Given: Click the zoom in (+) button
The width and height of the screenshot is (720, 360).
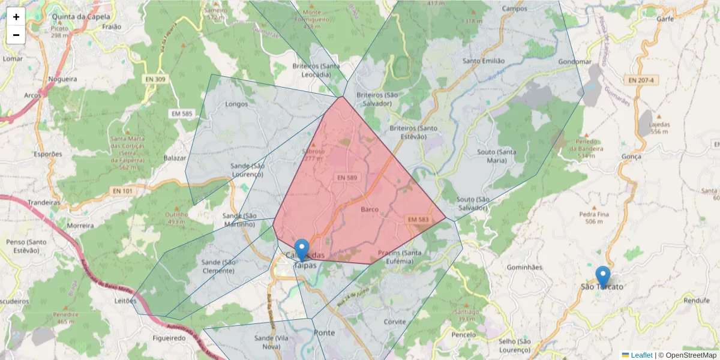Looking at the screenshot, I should pyautogui.click(x=16, y=17).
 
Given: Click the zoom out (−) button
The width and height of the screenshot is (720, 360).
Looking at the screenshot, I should pyautogui.click(x=16, y=35).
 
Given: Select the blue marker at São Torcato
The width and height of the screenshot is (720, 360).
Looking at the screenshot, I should pyautogui.click(x=602, y=277).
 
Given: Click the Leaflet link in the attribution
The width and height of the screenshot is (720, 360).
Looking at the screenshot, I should pyautogui.click(x=641, y=355).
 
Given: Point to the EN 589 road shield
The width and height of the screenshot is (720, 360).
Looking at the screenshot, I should pyautogui.click(x=348, y=178).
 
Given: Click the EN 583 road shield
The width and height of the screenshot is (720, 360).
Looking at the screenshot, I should pyautogui.click(x=418, y=220).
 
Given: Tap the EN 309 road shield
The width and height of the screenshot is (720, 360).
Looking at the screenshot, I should pyautogui.click(x=155, y=79).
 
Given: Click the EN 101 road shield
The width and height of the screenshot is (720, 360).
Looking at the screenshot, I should pyautogui.click(x=122, y=191).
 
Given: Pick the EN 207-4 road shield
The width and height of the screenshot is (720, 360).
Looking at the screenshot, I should pyautogui.click(x=641, y=80).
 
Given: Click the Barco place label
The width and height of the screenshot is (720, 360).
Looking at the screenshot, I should pyautogui.click(x=370, y=209).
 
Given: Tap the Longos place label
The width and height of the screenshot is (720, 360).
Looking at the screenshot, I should pyautogui.click(x=236, y=104).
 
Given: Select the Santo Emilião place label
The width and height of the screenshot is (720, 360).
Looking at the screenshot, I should pyautogui.click(x=484, y=61).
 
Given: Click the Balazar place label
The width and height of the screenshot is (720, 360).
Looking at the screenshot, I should pyautogui.click(x=175, y=158).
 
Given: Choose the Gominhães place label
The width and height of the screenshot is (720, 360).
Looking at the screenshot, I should pyautogui.click(x=524, y=267).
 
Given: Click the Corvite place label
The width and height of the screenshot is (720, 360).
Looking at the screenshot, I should pyautogui.click(x=395, y=322).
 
